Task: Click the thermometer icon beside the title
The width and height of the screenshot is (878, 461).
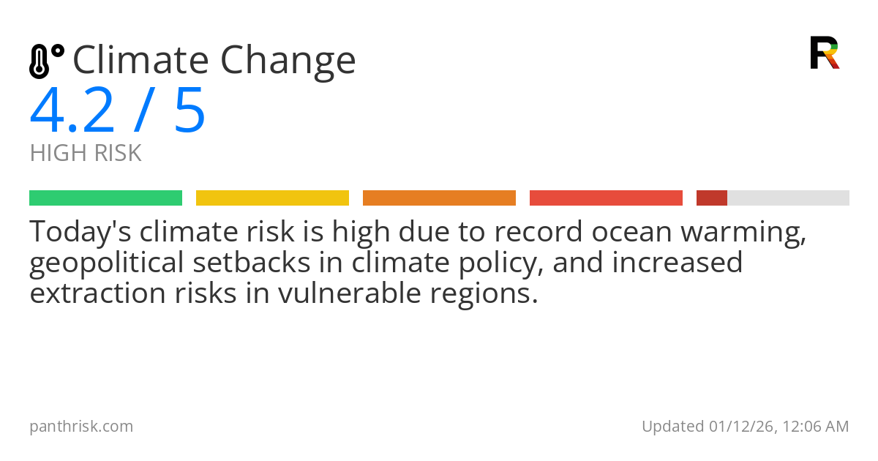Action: pyautogui.click(x=45, y=61)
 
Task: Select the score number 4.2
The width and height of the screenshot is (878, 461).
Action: pyautogui.click(x=72, y=111)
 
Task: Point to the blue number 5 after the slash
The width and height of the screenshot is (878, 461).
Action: pyautogui.click(x=190, y=111)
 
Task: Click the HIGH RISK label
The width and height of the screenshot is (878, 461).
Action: pyautogui.click(x=86, y=154)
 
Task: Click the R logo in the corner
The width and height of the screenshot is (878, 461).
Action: pyautogui.click(x=824, y=53)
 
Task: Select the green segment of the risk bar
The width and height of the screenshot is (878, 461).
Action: pyautogui.click(x=105, y=198)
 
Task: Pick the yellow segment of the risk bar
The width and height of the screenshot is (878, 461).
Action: pyautogui.click(x=272, y=198)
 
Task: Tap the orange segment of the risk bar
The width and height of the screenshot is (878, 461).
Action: pyautogui.click(x=439, y=198)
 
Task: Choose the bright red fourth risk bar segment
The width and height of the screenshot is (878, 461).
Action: pyautogui.click(x=606, y=198)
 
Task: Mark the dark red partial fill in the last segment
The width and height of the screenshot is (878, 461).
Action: pyautogui.click(x=711, y=198)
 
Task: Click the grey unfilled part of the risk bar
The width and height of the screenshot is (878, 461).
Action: pyautogui.click(x=788, y=198)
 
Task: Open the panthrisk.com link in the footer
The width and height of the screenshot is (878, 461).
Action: pyautogui.click(x=81, y=426)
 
